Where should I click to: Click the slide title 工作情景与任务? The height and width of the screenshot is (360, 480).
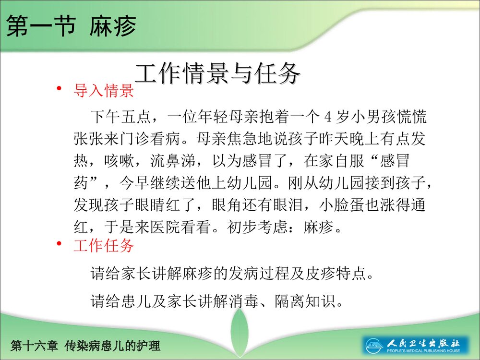tap(218, 73)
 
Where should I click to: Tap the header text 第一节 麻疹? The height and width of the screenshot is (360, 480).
tap(72, 26)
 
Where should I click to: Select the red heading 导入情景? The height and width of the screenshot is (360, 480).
tap(103, 91)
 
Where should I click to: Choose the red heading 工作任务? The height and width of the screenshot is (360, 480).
tap(103, 246)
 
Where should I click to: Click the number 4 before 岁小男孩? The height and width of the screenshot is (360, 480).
tap(328, 117)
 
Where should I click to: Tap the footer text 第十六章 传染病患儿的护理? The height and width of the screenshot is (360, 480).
tap(85, 345)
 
